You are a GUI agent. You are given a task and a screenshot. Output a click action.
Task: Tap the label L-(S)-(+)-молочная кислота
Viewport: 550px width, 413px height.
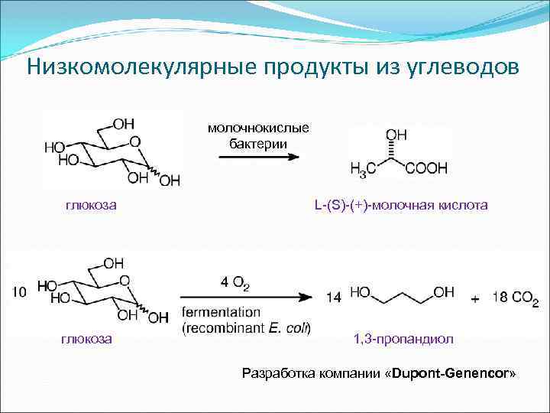[400, 205]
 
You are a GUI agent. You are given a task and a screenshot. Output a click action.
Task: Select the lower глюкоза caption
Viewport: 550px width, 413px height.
[86, 337]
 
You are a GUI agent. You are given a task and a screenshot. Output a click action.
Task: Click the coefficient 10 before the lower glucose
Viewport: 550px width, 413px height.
[21, 291]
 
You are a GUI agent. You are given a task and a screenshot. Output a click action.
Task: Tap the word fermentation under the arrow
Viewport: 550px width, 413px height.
[221, 313]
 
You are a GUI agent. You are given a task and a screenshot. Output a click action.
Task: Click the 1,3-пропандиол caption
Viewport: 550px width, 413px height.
[395, 338]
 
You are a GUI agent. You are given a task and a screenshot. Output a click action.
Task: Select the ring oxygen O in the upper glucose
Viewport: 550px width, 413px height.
[134, 141]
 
